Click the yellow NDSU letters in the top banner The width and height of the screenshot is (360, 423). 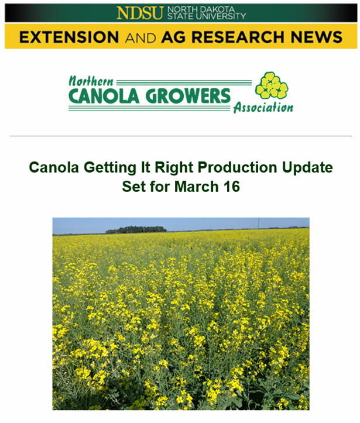140,13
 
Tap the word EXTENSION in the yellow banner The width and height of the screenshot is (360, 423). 69,37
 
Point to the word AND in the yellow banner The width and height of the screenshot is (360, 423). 140,38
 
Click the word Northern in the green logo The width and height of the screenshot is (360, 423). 91,81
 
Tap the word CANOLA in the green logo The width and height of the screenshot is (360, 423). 104,96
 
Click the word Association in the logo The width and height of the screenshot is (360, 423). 263,108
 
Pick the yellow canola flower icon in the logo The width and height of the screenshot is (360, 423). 272,85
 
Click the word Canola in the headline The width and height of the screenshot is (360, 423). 54,167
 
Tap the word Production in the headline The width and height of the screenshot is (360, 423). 237,167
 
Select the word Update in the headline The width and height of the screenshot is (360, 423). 307,168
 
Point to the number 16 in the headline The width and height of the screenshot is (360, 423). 232,187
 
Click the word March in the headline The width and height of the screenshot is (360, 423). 196,187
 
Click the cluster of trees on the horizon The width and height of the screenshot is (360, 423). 136,229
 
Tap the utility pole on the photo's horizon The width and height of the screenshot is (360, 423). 259,223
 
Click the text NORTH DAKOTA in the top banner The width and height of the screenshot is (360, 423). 201,10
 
